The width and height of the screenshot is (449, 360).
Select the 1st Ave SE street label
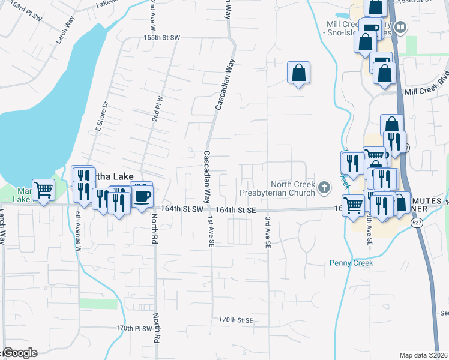[211, 232]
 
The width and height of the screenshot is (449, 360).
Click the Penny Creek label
[351, 263]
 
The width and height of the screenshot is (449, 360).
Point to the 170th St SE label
[237, 320]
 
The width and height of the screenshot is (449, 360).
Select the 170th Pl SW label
[136, 329]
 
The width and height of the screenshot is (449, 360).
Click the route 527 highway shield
[415, 222]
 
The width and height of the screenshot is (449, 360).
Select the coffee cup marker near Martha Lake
[142, 196]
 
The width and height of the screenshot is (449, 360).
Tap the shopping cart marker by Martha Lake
[43, 190]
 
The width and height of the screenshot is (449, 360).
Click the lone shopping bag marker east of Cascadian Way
[298, 73]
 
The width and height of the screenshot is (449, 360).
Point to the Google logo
[19, 353]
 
